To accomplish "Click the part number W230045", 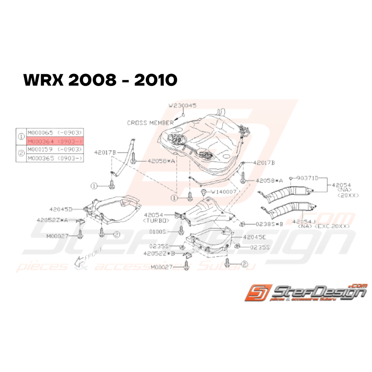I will (x=183, y=106).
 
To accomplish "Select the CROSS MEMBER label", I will (x=150, y=123).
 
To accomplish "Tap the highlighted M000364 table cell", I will (x=54, y=141).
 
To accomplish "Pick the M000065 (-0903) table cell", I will (x=54, y=132).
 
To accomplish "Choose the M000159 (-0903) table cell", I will (x=54, y=149).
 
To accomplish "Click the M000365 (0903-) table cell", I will (x=54, y=158).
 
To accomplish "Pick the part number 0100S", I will (x=168, y=231).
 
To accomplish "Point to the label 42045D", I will (x=61, y=209).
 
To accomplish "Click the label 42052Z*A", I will (x=52, y=220).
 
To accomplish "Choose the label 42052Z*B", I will (x=161, y=253).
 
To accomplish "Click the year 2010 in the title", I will (x=155, y=81).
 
